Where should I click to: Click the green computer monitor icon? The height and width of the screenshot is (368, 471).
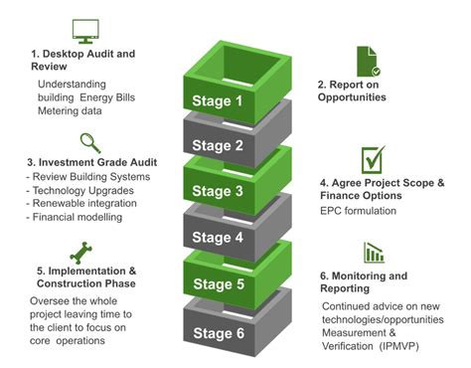coord(86,31)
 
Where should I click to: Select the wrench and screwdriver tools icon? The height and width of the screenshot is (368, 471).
coord(79,251)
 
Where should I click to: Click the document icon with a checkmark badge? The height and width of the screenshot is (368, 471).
coord(367,59)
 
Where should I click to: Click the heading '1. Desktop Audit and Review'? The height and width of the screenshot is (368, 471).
coord(84,60)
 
